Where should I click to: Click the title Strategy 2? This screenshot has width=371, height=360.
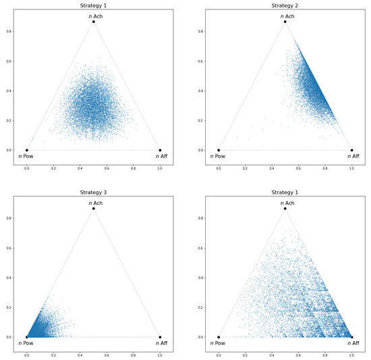click(285, 5)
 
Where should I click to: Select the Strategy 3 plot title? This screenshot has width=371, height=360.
click(93, 192)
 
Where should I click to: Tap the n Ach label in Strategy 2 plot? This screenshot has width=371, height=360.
click(285, 16)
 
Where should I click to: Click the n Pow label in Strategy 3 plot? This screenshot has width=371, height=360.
click(26, 343)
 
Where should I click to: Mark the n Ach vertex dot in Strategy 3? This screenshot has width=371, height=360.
click(93, 208)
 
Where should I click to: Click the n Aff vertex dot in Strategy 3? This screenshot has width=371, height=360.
click(160, 337)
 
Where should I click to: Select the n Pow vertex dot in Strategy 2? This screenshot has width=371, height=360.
click(219, 150)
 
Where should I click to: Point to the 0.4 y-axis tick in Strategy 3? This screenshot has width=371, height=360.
click(8, 278)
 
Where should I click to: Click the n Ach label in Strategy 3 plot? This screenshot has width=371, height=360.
click(93, 203)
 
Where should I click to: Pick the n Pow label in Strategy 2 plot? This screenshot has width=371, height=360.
click(218, 156)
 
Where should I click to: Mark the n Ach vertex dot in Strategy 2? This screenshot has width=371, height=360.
click(285, 22)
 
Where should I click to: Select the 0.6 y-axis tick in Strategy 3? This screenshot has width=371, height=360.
click(8, 247)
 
